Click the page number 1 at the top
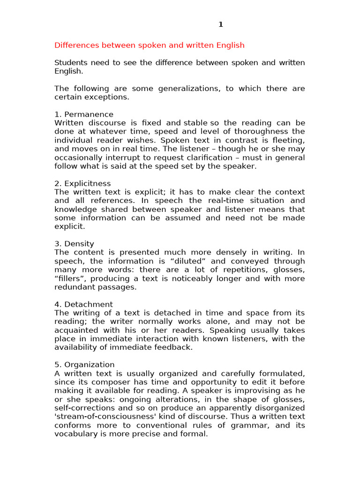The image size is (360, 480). [x=221, y=25]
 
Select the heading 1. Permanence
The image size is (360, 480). [x=84, y=114]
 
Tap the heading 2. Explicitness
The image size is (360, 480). [x=82, y=183]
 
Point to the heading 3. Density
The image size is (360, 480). [x=74, y=244]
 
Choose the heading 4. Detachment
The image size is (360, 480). [x=83, y=304]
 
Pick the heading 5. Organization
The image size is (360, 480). [x=84, y=365]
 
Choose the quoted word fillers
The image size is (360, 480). [x=72, y=278]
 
